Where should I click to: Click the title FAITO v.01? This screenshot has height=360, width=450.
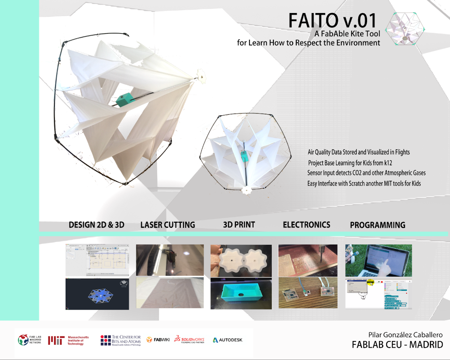332,21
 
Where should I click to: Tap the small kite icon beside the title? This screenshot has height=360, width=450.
405,29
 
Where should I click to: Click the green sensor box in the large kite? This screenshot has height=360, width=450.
125,100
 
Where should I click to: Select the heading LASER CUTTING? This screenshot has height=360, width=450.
168,225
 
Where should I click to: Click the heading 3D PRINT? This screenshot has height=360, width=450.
239,225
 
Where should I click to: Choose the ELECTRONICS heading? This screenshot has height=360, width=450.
307,225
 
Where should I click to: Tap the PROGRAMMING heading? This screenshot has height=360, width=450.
378,225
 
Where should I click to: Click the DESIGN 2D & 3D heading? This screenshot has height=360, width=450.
97,225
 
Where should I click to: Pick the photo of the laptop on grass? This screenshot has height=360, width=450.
378,261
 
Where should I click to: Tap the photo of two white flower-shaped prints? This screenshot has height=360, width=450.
241,261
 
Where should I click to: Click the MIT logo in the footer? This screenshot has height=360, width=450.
56,340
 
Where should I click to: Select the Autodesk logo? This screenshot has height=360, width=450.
228,340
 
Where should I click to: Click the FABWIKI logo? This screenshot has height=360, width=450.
158,340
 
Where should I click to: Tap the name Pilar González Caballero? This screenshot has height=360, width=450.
405,335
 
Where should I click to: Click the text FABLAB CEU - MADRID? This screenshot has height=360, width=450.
397,345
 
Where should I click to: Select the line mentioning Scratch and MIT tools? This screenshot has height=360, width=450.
364,184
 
